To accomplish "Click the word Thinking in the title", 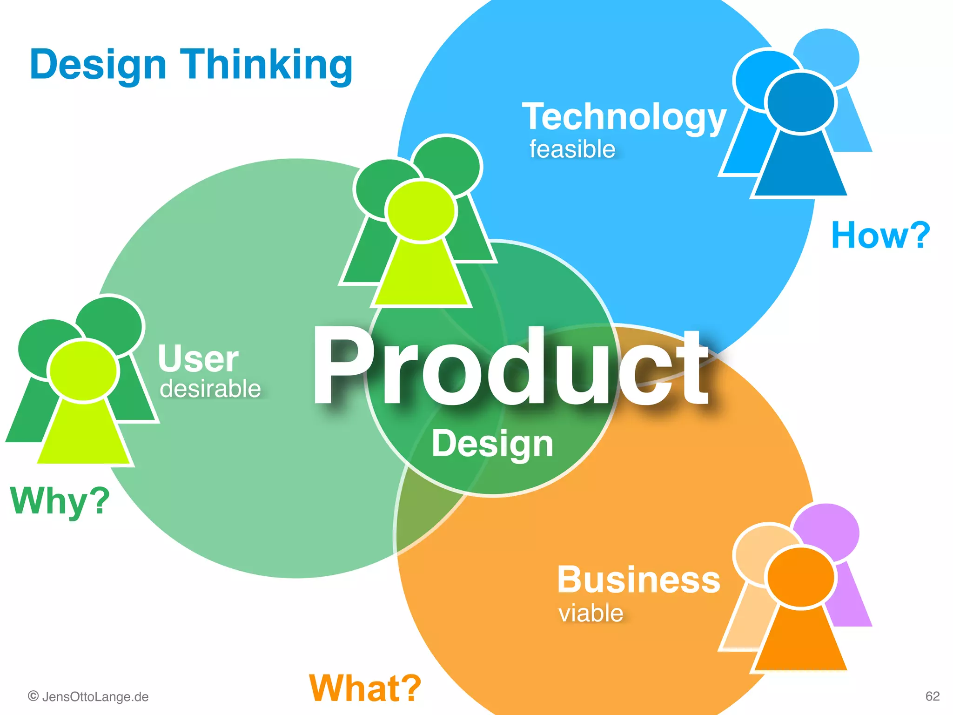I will [x=266, y=65].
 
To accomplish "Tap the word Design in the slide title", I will [x=98, y=65].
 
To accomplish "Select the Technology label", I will [x=624, y=117].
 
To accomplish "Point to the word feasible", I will [x=572, y=149].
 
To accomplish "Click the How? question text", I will [x=880, y=236].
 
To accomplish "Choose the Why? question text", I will [x=60, y=501].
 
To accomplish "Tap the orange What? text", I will [x=365, y=688].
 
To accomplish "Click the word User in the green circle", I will [x=198, y=359].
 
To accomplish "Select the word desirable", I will [x=210, y=389].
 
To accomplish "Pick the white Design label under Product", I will [x=492, y=444].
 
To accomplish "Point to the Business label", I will [x=638, y=580].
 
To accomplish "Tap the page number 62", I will [x=933, y=696].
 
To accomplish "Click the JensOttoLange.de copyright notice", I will [x=88, y=697].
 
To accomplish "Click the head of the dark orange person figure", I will [x=800, y=578].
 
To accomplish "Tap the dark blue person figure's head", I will [x=800, y=102].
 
